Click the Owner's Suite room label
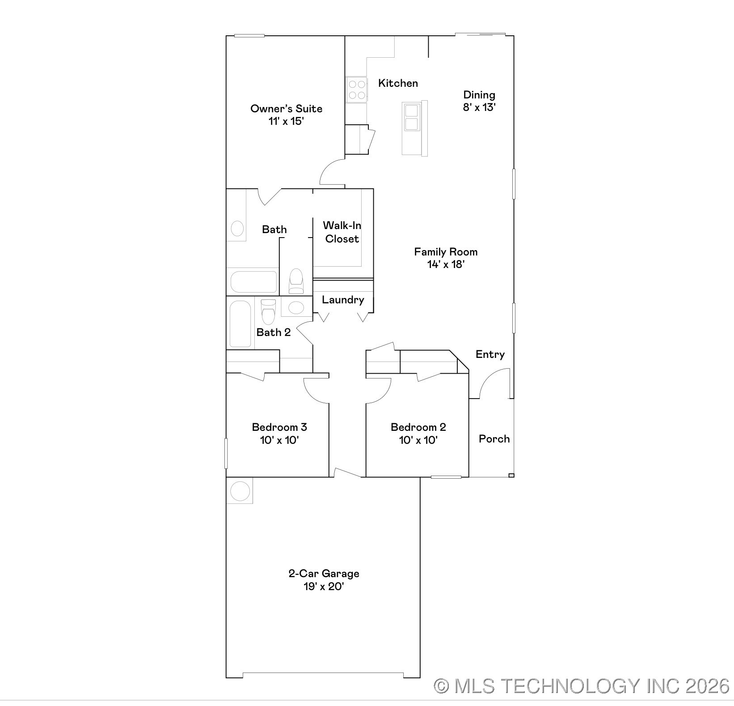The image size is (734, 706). tap(286, 109)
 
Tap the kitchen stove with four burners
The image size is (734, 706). tap(357, 89)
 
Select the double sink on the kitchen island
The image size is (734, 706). tap(411, 117)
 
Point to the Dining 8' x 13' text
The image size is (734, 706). tap(479, 101)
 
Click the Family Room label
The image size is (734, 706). tap(446, 252)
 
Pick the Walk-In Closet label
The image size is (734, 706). tap(342, 232)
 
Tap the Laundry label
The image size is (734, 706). tap(343, 300)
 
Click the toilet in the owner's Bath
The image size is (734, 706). tap(296, 281)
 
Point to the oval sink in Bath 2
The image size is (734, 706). tap(295, 307)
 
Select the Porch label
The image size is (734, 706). tap(494, 439)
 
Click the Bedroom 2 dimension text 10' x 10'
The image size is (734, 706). tap(418, 440)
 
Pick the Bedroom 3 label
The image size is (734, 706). tap(279, 427)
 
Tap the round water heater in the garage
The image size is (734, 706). tap(240, 491)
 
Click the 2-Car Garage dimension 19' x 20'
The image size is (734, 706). tap(324, 587)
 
